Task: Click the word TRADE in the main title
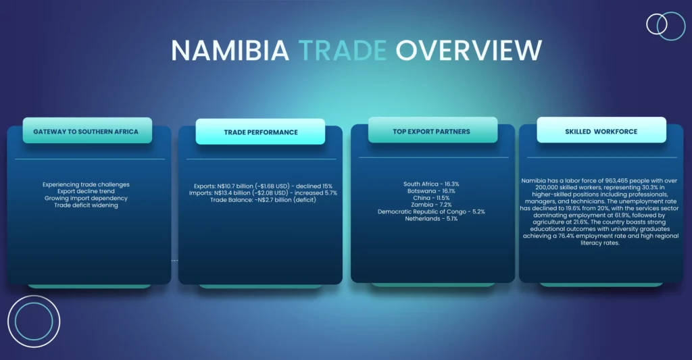coord(343,50)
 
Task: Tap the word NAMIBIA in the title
coord(230,50)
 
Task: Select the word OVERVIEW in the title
coord(469,50)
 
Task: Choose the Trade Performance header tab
coord(260,132)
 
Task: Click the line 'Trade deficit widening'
coord(86,205)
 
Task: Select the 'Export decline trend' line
coord(86,191)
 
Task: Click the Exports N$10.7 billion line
coord(263,186)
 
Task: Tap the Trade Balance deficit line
coord(263,200)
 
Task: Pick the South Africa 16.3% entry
coord(431,184)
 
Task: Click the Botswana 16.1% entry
coord(431,191)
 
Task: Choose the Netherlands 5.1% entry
coord(431,219)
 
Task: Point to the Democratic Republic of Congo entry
coord(431,212)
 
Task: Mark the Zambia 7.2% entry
coord(431,205)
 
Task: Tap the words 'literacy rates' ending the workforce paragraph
coord(600,243)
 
